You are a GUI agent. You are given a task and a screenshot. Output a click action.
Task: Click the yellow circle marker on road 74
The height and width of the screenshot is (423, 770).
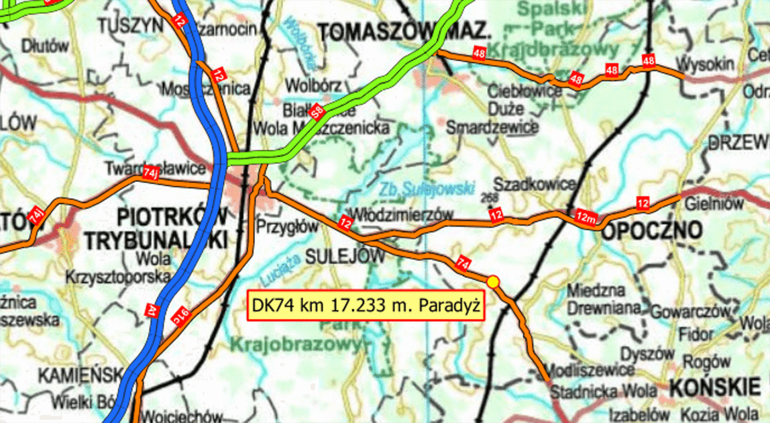[494, 282]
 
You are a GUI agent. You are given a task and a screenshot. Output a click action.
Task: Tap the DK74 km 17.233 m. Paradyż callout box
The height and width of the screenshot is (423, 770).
[366, 305]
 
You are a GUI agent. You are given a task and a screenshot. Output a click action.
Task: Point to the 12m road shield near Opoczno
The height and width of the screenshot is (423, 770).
[586, 217]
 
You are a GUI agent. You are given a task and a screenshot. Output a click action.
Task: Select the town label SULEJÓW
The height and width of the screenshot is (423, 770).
[345, 256]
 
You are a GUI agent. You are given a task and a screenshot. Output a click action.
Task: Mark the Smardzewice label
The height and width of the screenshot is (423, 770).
[492, 127]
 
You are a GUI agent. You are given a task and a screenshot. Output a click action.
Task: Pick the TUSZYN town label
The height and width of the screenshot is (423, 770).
[131, 25]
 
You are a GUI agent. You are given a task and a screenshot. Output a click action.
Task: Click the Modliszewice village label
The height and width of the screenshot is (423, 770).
[588, 369]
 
